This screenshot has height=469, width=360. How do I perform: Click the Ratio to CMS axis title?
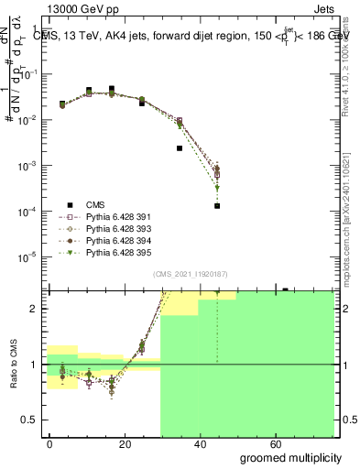click(15, 365)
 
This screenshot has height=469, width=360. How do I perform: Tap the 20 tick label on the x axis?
click(129, 443)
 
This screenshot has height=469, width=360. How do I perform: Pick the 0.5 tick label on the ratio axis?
click(33, 420)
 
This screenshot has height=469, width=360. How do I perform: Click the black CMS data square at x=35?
click(180, 147)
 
